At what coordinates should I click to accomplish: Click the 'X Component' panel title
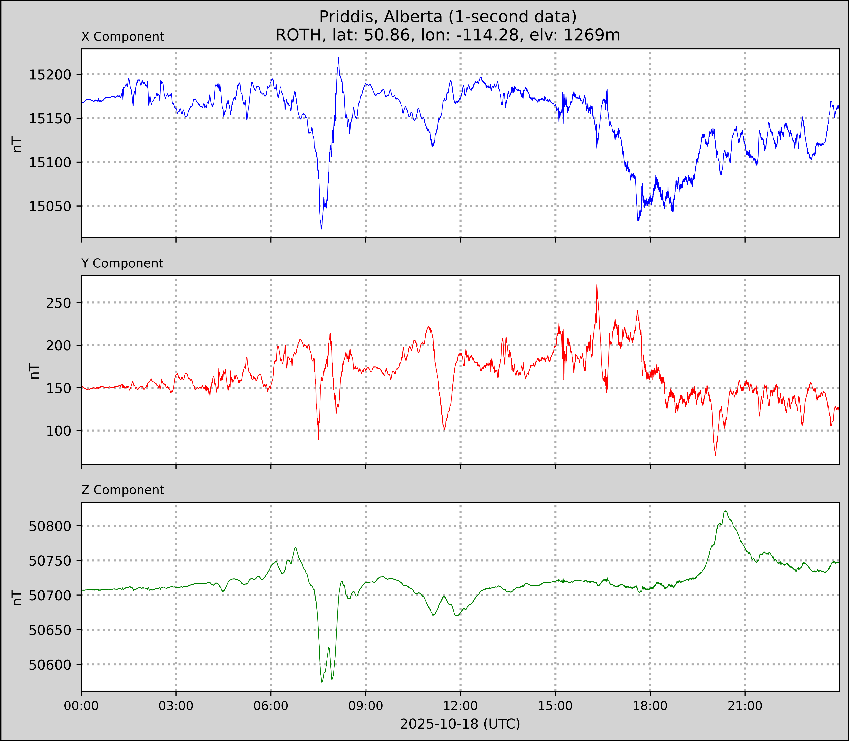(x=123, y=37)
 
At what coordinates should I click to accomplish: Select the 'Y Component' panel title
(x=122, y=263)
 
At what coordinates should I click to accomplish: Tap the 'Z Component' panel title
(x=123, y=490)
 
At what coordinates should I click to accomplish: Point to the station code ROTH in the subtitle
(x=298, y=35)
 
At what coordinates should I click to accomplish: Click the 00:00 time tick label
(x=81, y=706)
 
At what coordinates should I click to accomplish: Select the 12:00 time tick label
(x=460, y=706)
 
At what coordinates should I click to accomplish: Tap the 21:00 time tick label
(x=745, y=706)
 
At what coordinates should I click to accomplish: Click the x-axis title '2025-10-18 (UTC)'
(x=460, y=724)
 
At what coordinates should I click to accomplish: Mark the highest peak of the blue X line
(x=338, y=58)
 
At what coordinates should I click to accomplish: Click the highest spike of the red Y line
(x=597, y=284)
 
